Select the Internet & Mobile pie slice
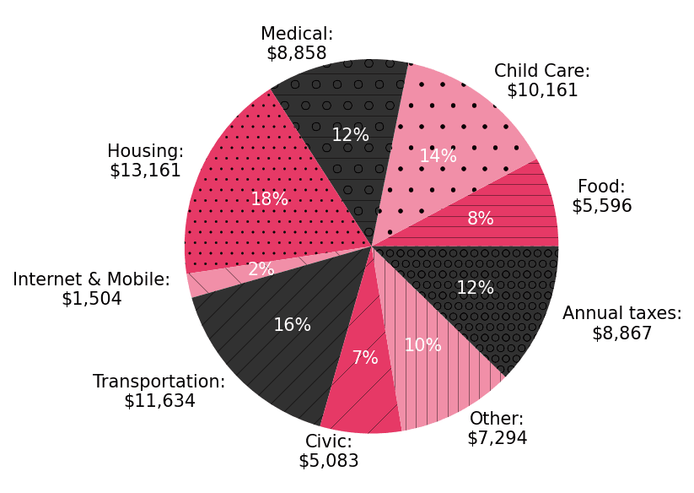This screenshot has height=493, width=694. (x=211, y=279)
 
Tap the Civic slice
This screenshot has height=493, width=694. (x=358, y=397)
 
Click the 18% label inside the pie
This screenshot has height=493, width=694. (x=269, y=199)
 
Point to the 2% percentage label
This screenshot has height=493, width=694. (x=261, y=269)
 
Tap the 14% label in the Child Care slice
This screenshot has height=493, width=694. (x=438, y=156)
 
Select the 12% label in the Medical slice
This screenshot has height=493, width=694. (x=350, y=135)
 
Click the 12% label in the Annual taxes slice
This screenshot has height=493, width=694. (x=475, y=288)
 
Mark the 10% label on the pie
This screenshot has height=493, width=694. (x=422, y=345)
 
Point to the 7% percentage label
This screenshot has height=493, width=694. (x=364, y=358)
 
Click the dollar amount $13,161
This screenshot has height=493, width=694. (x=145, y=171)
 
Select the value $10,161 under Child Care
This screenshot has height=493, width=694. (x=542, y=90)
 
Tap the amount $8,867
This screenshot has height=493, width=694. (x=621, y=333)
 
